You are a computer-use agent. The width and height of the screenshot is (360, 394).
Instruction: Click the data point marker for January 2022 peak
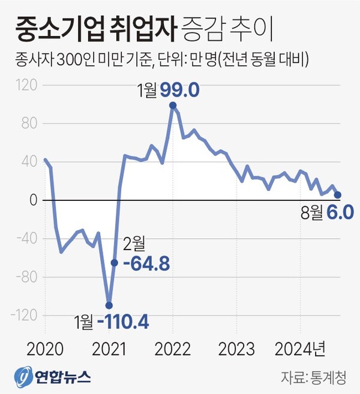click(x=173, y=106)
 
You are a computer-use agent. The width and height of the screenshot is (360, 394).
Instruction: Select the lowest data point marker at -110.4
click(x=109, y=305)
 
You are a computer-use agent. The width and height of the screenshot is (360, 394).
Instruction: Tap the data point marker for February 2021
click(x=114, y=262)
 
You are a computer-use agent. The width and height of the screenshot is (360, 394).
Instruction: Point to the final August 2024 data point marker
click(x=338, y=195)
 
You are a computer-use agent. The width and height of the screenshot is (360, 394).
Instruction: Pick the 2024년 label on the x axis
click(x=300, y=348)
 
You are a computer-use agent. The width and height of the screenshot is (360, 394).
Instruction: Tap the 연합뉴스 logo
click(x=54, y=377)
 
